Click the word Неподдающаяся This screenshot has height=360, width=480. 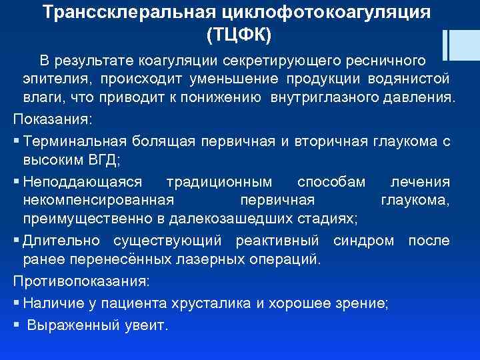[x=82, y=182]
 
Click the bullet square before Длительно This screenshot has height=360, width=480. [x=16, y=240]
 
